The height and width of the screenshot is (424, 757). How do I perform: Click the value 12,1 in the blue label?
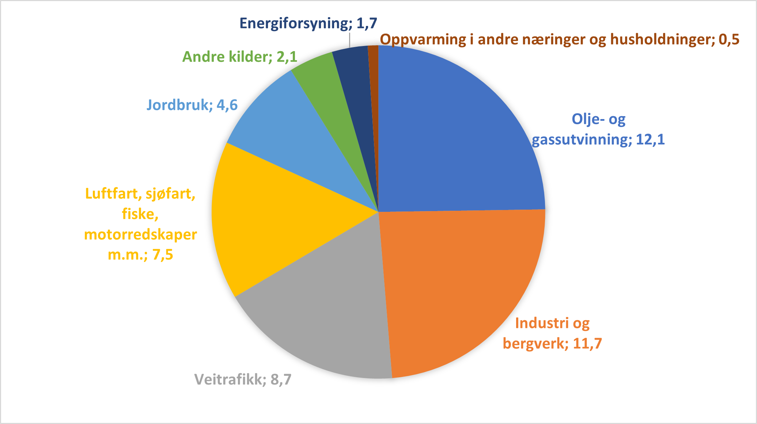coord(650,140)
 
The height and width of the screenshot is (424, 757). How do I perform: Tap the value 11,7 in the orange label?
coord(587,343)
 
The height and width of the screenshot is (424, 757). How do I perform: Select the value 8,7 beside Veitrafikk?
coord(281,380)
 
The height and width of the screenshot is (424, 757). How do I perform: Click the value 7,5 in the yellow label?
coord(163,255)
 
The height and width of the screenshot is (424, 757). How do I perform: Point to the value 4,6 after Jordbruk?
coord(227,105)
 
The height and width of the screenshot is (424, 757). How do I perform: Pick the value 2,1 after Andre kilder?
coord(287,57)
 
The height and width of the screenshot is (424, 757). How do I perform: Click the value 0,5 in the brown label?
coord(729,39)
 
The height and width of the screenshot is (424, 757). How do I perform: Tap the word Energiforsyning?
coord(294,23)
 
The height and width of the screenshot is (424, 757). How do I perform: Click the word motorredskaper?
coord(141,234)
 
